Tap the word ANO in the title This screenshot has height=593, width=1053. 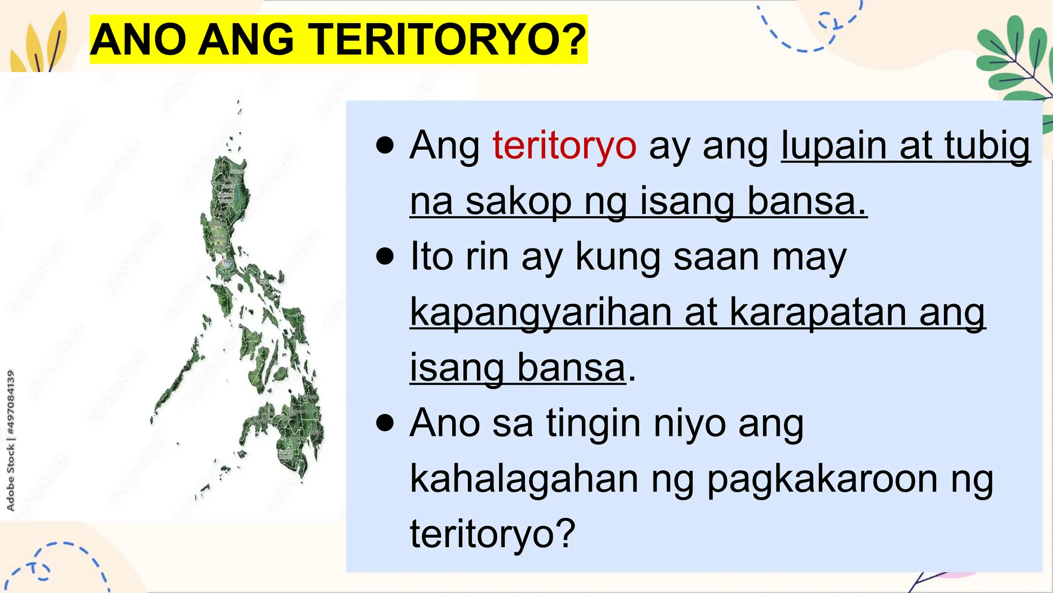coord(138,40)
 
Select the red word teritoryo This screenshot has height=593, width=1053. coord(564,146)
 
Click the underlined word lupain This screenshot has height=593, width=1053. coord(833,146)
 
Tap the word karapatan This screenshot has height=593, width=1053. coord(818,312)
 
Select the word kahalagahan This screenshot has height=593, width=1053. coord(524,479)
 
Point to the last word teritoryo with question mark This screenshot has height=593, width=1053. coord(492,534)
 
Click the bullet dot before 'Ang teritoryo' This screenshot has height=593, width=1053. coord(385,146)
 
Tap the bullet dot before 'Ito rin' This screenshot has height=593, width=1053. coord(385,256)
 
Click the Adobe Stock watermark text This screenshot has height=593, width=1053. coord(10,441)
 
